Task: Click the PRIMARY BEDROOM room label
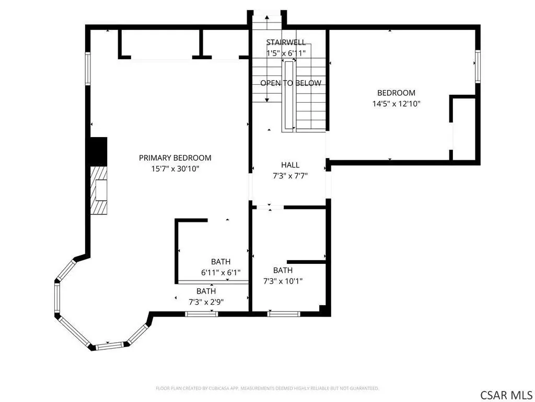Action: pos(175,158)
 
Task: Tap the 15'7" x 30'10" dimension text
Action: pos(175,169)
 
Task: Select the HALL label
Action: pos(290,165)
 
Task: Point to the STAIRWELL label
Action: pos(286,42)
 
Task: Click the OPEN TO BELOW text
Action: pos(290,83)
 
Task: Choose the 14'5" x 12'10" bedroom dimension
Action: pos(396,104)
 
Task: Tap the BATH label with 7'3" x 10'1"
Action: pos(283,271)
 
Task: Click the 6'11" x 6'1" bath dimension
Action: pos(221,273)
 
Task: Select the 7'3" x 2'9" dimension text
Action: pos(206,302)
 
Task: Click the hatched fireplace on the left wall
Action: pos(99,190)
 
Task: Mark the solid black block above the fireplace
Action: pos(98,151)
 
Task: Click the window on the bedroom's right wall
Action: pos(478,66)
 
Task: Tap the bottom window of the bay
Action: pos(109,346)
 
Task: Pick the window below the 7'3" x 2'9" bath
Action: pos(201,314)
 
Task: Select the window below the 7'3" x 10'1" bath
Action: pos(284,314)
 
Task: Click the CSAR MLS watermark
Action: pos(506,395)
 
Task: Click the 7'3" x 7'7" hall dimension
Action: pos(290,176)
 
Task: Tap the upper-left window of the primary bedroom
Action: pos(88,69)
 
